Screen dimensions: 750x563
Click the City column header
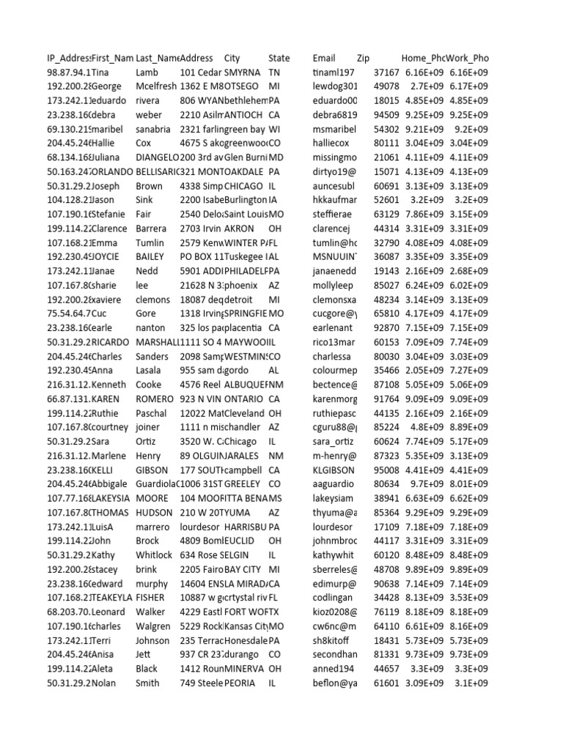[232, 58]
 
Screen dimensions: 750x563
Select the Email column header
[323, 58]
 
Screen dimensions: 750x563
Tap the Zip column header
[364, 58]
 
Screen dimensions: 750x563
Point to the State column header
[279, 58]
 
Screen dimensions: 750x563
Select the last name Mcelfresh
[156, 86]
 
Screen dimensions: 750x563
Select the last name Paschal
[152, 413]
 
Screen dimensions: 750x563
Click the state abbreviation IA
[273, 200]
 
